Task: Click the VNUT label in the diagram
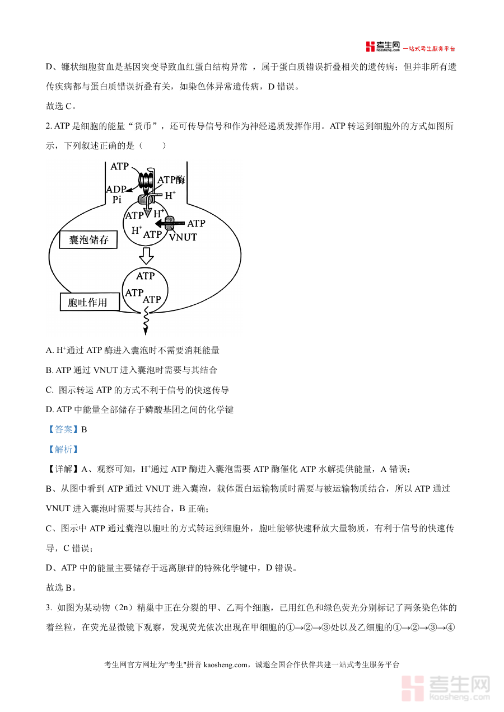(183, 237)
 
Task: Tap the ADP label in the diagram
(116, 190)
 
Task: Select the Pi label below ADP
(118, 200)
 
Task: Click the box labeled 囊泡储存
(88, 241)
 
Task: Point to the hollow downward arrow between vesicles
(147, 256)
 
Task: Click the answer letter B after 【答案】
(85, 430)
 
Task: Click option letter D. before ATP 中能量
(50, 410)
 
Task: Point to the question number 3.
(49, 607)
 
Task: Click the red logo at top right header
(370, 47)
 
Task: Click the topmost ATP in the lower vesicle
(146, 276)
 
